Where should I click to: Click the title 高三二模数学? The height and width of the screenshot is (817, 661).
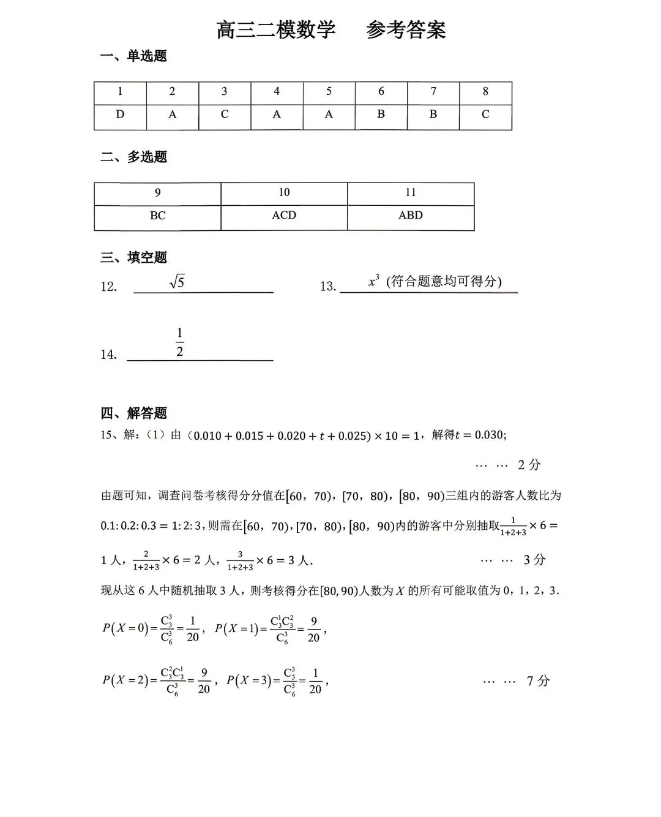tap(276, 30)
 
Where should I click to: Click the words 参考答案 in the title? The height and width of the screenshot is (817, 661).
tap(406, 30)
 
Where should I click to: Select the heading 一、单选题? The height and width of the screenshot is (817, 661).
tap(133, 56)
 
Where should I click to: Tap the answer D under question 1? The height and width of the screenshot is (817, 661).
tap(120, 115)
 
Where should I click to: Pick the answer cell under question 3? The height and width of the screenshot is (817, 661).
tap(225, 115)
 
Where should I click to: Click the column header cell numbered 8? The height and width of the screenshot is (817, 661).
tap(485, 92)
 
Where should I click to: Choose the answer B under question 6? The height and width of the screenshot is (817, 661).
tap(381, 115)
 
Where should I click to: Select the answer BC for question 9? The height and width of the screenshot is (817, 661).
tap(157, 216)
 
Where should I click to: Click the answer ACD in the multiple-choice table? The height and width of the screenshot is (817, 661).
tap(284, 216)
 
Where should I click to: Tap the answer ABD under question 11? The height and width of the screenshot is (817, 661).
tap(410, 216)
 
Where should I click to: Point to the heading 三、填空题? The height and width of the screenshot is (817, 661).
tap(133, 258)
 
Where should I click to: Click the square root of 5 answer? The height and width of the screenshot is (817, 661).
tap(177, 282)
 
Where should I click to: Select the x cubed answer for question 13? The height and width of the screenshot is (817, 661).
tap(374, 281)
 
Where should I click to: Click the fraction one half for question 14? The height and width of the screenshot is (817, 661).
tap(179, 342)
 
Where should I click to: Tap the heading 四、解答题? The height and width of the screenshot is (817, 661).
tap(133, 413)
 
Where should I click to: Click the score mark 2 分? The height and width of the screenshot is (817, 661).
tap(529, 465)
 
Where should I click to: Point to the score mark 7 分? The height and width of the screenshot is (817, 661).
tap(538, 681)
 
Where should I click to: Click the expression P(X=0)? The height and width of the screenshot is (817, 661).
tap(125, 628)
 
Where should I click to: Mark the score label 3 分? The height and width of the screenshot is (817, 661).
tap(534, 560)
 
